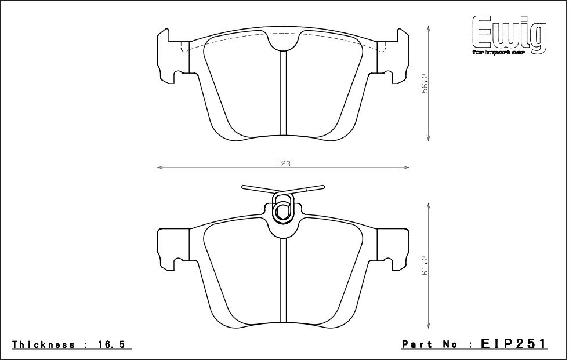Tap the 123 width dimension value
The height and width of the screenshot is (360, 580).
tap(283, 164)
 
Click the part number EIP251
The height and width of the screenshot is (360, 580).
tap(514, 344)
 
